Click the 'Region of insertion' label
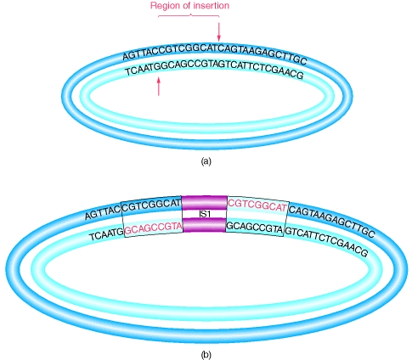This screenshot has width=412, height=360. point(189,5)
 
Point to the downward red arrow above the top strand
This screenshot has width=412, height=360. point(218,31)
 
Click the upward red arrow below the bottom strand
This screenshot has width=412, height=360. point(159,86)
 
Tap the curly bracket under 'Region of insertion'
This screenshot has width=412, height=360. point(189,16)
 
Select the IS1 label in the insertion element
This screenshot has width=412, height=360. point(205,214)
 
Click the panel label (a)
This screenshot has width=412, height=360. point(206,161)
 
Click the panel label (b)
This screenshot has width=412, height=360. point(206,354)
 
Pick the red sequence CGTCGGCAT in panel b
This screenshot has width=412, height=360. point(257,206)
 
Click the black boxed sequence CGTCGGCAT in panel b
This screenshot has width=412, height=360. point(151,205)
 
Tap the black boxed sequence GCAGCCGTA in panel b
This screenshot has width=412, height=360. point(255,228)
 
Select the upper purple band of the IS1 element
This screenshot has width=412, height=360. point(204,203)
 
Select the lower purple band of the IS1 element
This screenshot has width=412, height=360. point(204,225)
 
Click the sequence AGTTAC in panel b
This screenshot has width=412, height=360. point(103,213)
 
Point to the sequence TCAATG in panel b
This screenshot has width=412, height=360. point(106,234)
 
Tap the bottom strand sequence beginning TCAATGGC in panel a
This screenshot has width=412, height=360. point(214,70)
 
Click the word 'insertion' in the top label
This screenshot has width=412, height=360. point(209,5)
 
